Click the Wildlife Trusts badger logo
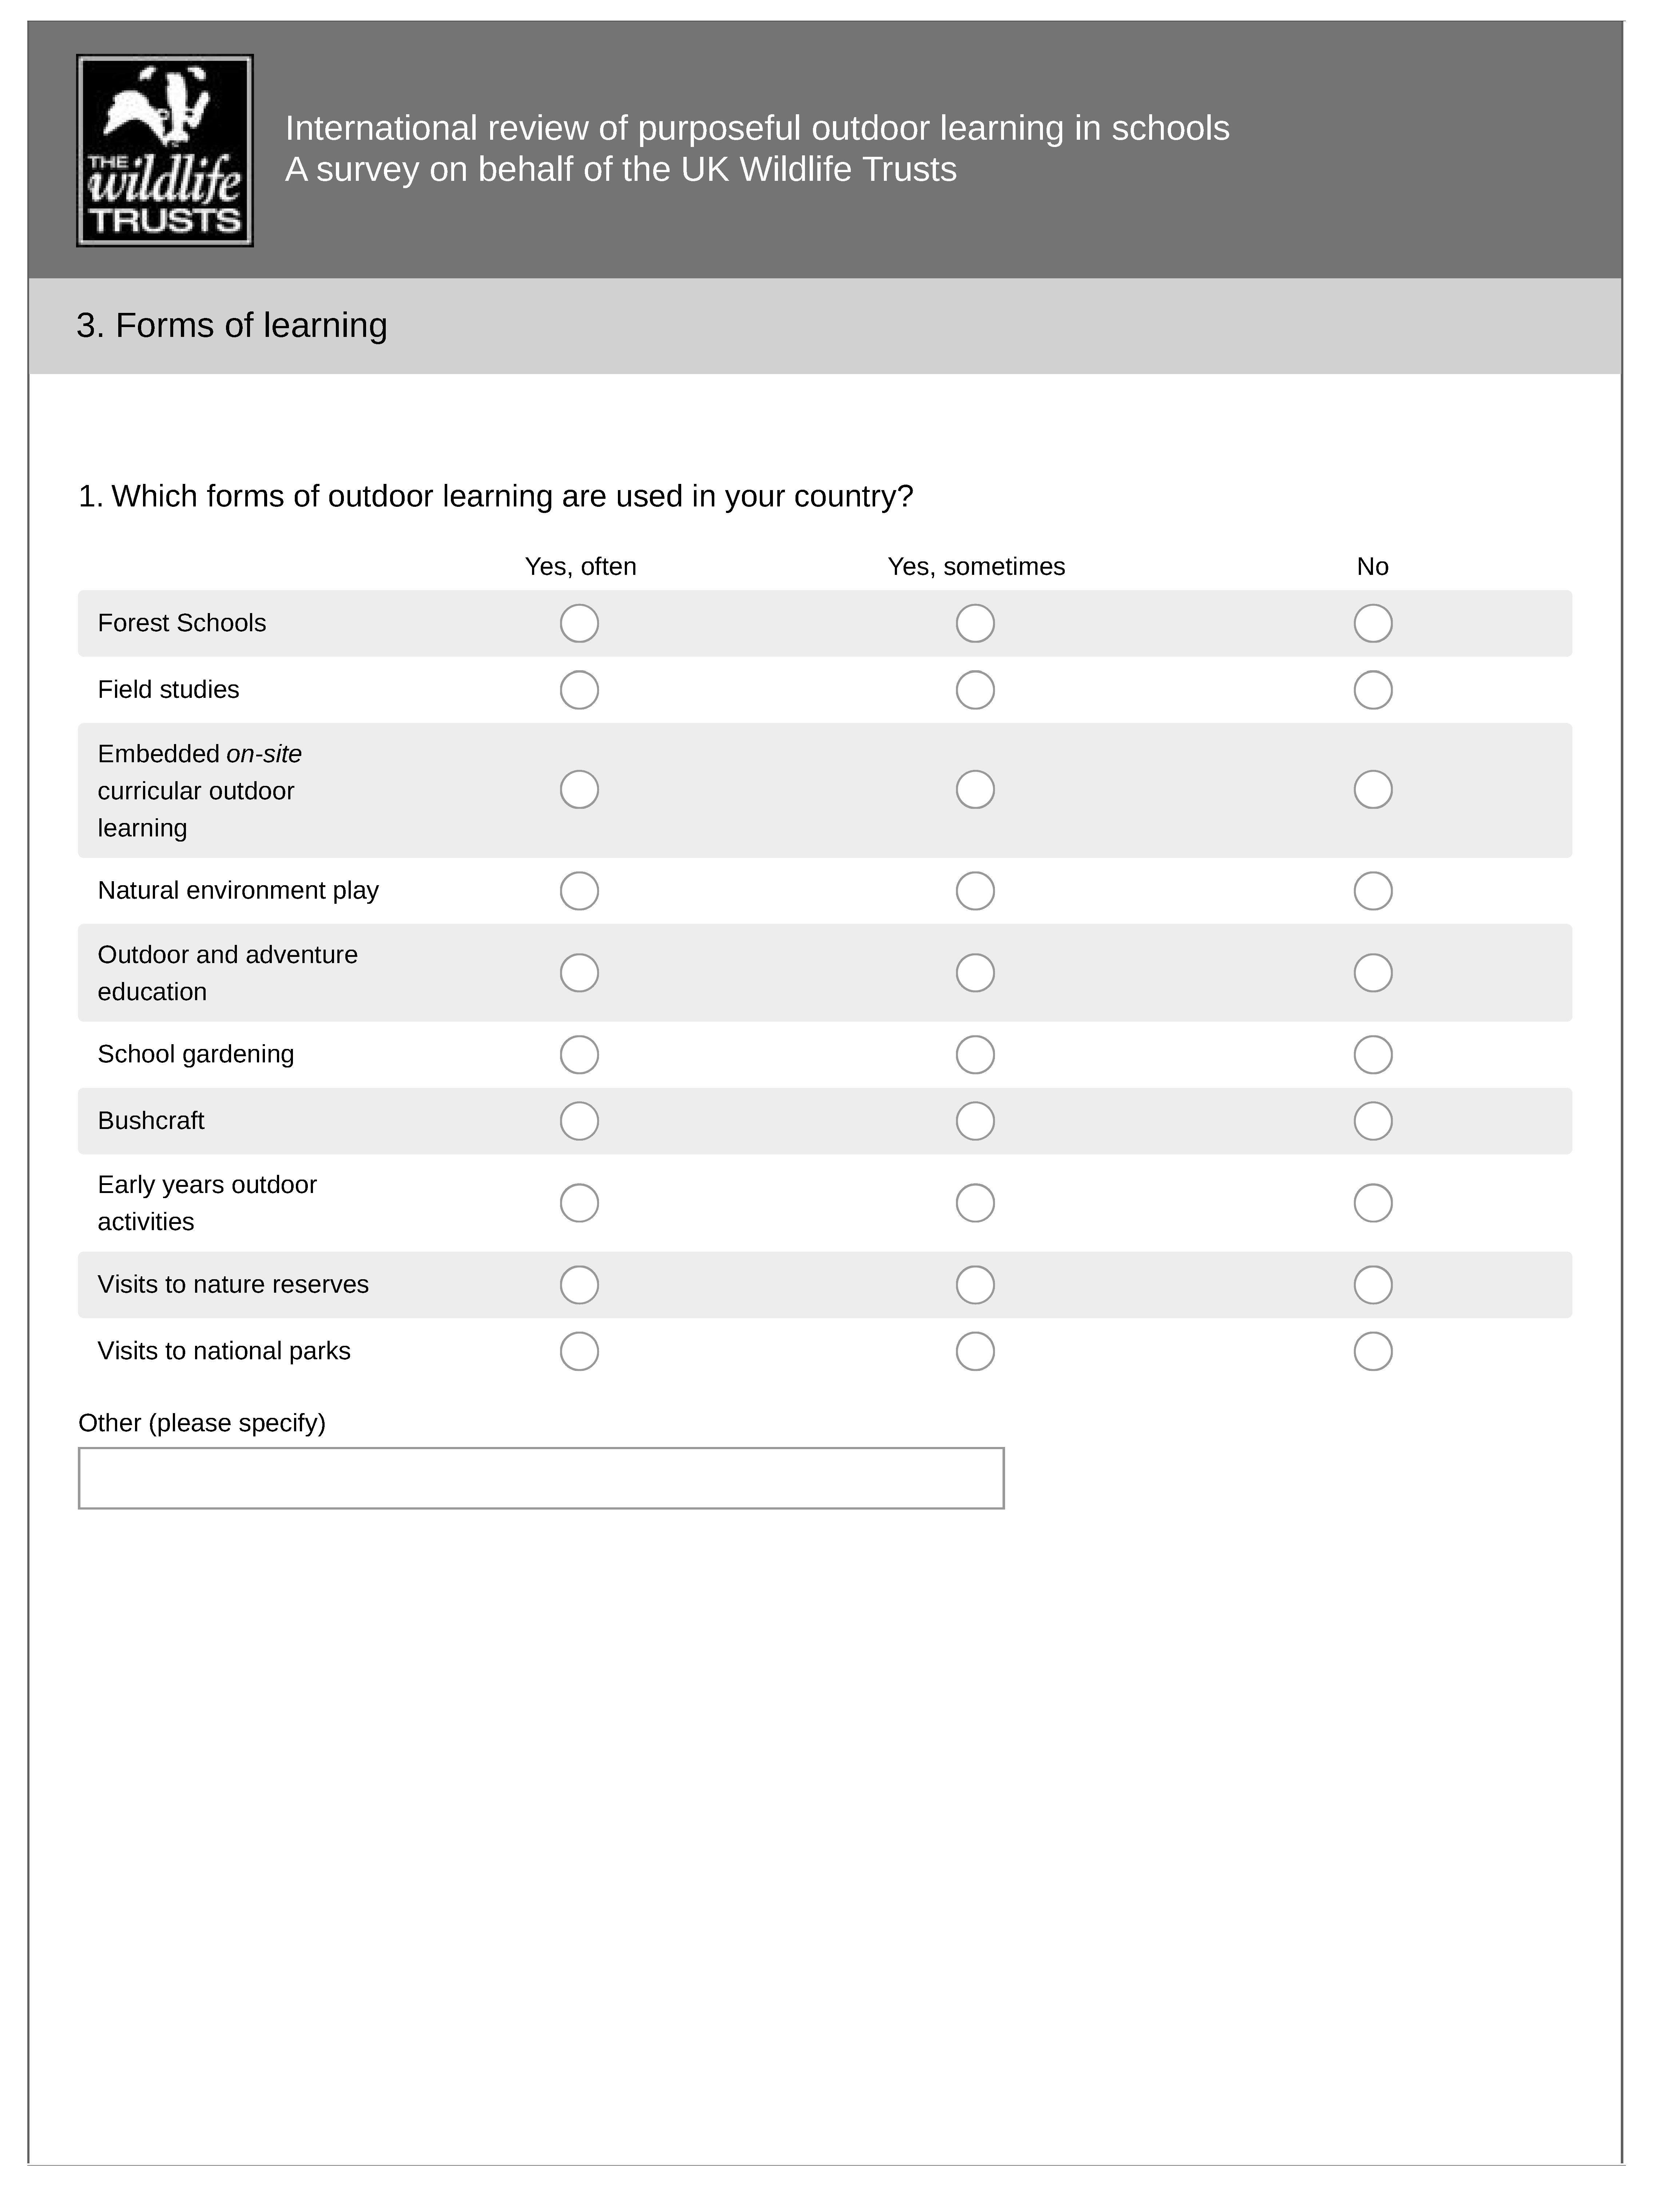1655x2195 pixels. (165, 151)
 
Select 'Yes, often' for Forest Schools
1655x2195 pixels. (579, 623)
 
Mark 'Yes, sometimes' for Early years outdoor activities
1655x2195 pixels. (975, 1203)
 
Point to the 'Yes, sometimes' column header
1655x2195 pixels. (976, 566)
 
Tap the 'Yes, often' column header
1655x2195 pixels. (580, 566)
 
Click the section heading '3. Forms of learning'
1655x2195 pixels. (232, 326)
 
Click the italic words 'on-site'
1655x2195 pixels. (264, 754)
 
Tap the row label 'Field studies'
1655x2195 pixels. (169, 690)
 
